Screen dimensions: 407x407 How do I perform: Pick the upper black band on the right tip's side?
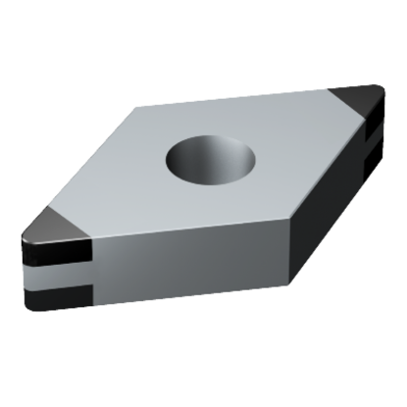pyautogui.click(x=372, y=137)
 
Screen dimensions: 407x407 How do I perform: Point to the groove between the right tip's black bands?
pyautogui.click(x=370, y=153)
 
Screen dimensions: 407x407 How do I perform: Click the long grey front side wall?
pyautogui.click(x=186, y=265)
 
